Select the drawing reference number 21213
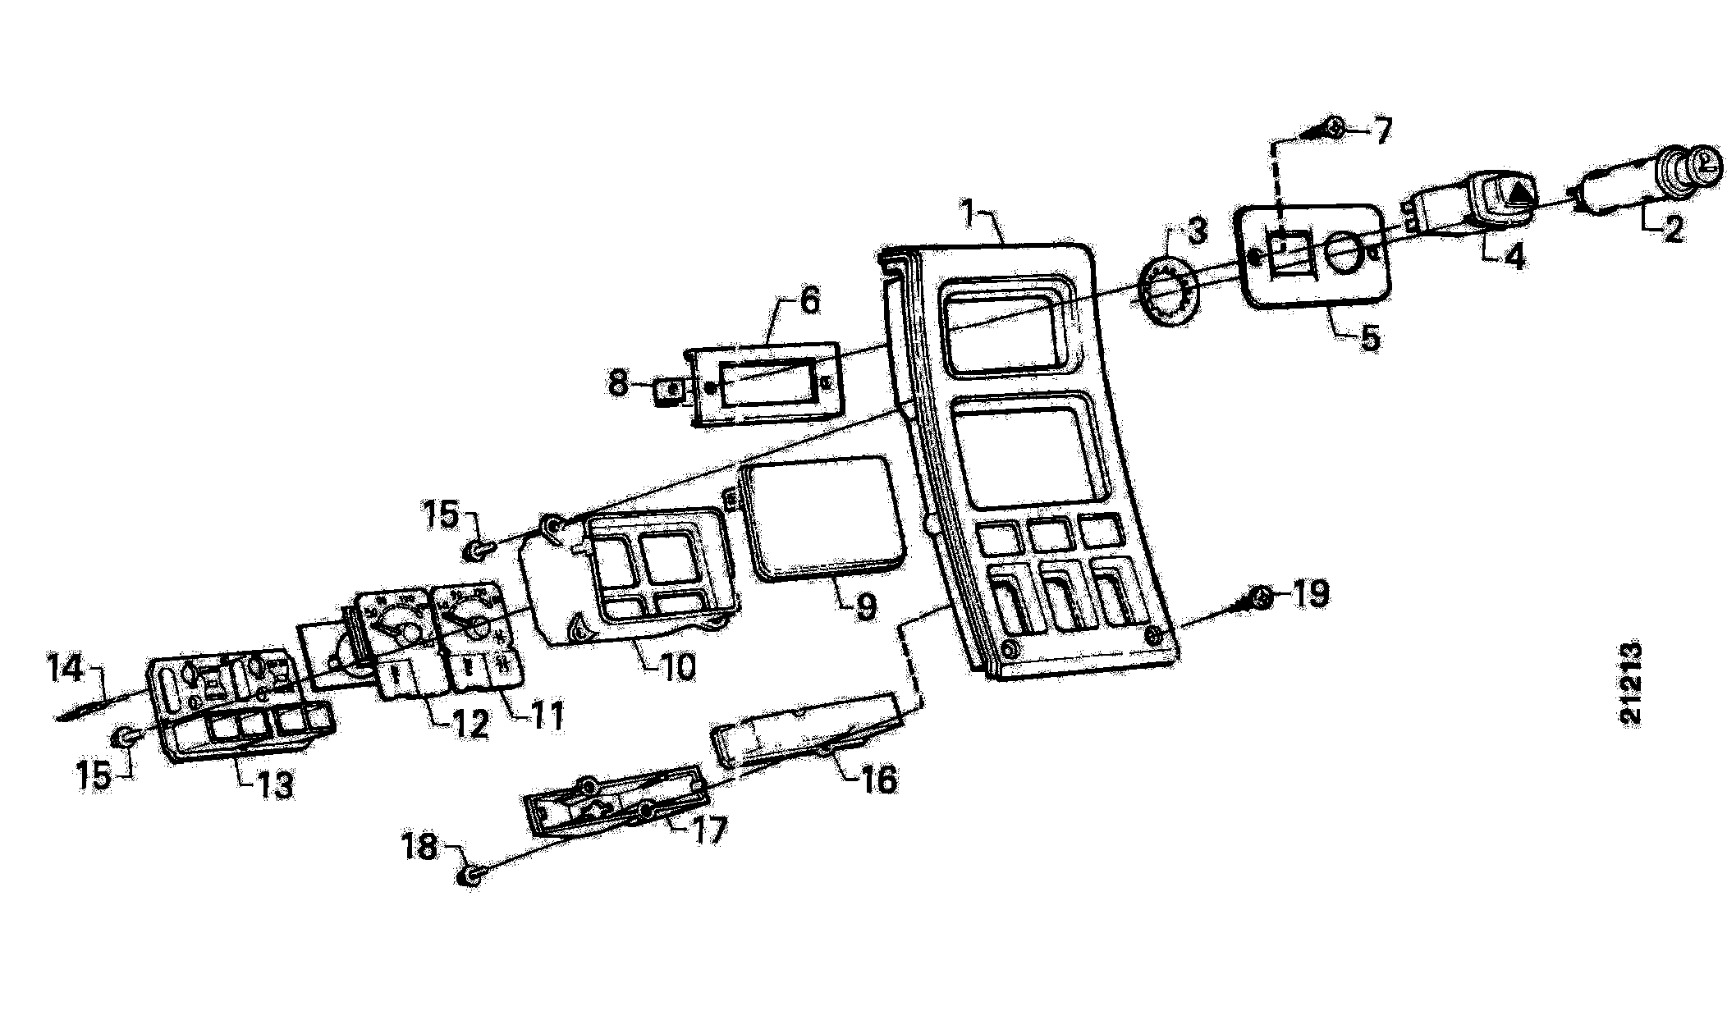coord(1631,684)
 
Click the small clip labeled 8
coord(670,391)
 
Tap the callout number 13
coord(275,786)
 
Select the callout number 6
coord(809,301)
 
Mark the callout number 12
coord(471,725)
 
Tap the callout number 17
coord(709,830)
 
